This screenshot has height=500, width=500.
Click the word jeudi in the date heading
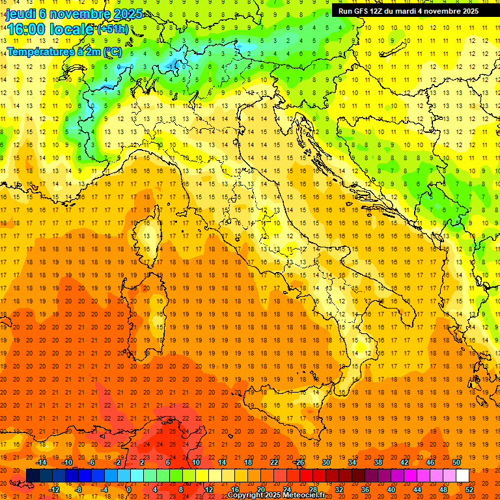21,13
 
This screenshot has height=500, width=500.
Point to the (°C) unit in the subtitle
111,51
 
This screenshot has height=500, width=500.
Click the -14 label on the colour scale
42,462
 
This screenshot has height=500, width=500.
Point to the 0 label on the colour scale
129,489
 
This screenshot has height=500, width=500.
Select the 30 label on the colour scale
326,462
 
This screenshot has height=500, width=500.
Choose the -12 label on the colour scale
55,489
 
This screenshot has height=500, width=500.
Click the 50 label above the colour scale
456,462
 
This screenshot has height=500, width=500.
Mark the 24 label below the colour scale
287,489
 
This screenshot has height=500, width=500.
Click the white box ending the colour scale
462,475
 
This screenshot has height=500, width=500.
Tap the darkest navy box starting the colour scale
33,475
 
